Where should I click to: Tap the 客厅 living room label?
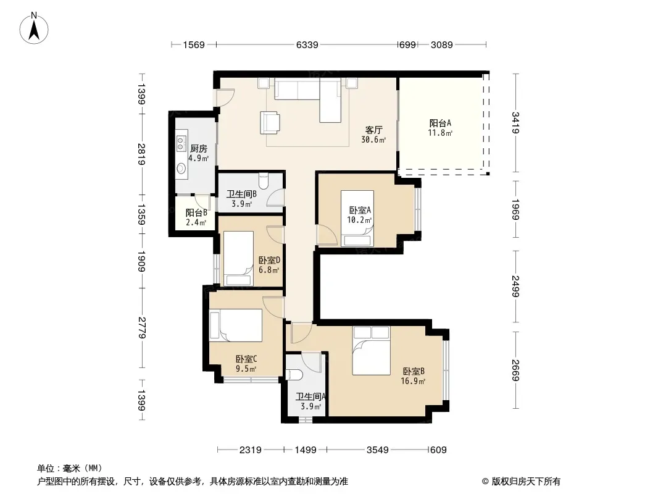[373, 130]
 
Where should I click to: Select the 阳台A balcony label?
[439, 123]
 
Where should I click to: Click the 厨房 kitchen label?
[199, 149]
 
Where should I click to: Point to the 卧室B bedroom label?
[414, 372]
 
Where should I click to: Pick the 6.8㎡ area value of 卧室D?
[269, 270]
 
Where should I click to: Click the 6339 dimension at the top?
[307, 44]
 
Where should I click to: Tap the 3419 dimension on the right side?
[515, 122]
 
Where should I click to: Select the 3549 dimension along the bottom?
[378, 450]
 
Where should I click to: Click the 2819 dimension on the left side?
[142, 154]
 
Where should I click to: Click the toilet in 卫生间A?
[293, 374]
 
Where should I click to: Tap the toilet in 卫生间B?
[264, 182]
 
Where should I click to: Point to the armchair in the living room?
[270, 122]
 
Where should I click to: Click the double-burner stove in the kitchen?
[181, 143]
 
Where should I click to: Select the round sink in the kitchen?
[181, 169]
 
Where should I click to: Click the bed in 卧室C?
[236, 325]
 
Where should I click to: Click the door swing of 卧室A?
[327, 235]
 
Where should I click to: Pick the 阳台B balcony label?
[196, 212]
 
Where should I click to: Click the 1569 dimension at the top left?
[194, 44]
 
